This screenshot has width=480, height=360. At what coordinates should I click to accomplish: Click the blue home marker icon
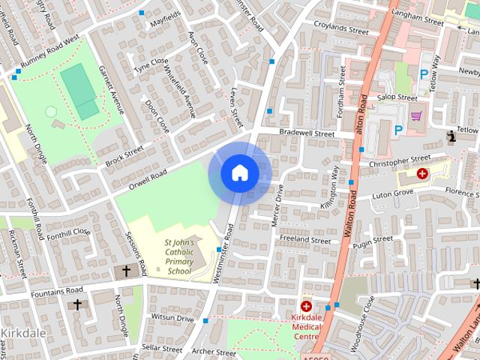[240, 173]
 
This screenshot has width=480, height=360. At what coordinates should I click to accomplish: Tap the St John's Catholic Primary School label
[180, 257]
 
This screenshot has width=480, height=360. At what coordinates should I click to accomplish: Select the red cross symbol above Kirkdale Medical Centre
[306, 306]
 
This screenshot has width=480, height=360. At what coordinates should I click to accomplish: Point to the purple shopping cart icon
[416, 116]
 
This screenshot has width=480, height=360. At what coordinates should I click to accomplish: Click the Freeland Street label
[304, 240]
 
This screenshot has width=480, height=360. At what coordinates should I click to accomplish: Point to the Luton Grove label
[393, 193]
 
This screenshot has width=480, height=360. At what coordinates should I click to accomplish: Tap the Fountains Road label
[57, 290]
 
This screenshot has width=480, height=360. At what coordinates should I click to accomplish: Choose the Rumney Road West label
[51, 53]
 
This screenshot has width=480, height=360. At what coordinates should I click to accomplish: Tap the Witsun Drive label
[172, 319]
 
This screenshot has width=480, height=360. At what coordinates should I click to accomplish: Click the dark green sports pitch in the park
[80, 91]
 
